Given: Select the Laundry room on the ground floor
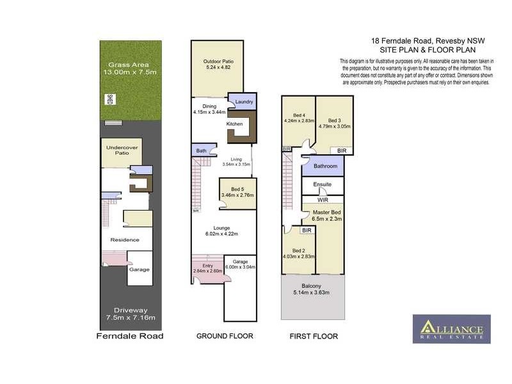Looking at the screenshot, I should point(244,102).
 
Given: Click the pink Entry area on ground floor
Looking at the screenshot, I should point(207,268).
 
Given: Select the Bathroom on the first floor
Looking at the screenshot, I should point(324,166).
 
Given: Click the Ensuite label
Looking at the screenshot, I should point(322,185).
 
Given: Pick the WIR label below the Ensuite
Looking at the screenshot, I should point(323,200).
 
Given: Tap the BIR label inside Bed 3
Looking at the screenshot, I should point(342,150).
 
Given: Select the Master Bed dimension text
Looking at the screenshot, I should point(326,219).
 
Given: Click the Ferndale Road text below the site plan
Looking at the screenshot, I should point(129,336).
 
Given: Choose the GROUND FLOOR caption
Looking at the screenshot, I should point(225,336).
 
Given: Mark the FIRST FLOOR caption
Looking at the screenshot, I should point(314,336).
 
